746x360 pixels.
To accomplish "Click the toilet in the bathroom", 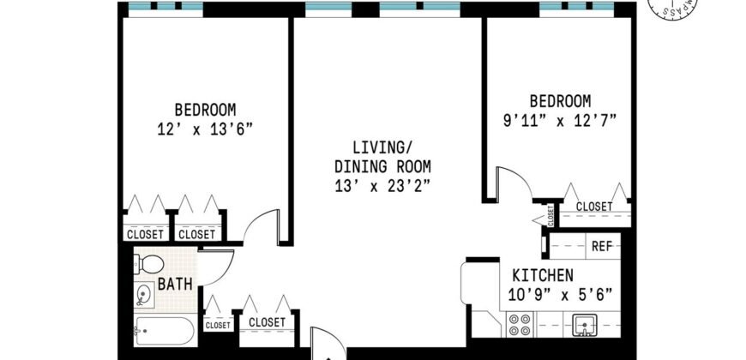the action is [x=149, y=264].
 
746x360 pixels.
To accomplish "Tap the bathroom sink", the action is [x=144, y=295].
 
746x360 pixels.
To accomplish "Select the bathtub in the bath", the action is [x=164, y=331].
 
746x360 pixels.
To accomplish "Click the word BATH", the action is [x=175, y=285].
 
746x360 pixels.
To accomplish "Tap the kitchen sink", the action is [x=584, y=325].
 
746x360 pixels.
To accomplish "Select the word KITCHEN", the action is [x=543, y=275].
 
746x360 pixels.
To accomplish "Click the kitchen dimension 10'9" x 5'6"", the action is [x=560, y=295].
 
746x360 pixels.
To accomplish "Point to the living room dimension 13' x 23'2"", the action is [x=382, y=186].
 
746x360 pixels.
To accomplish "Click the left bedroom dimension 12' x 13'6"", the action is [x=205, y=129].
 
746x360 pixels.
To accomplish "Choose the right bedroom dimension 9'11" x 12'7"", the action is [x=560, y=120].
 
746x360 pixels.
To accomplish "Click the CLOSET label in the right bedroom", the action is [x=593, y=207].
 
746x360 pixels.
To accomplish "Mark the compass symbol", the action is [x=671, y=7].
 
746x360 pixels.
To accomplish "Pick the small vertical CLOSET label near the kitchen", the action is [x=550, y=215].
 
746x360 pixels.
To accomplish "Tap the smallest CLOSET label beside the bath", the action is [x=218, y=326].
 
